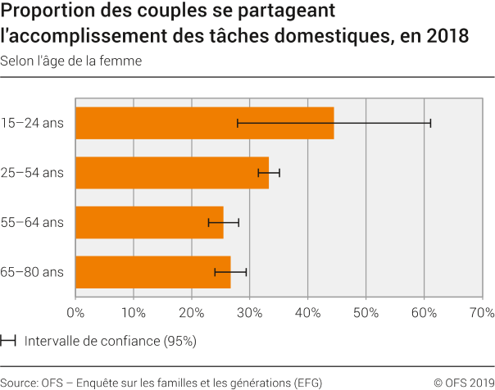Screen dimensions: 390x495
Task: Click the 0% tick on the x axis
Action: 75,312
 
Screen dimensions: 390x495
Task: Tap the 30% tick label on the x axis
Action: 249,312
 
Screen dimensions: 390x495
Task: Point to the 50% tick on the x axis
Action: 366,312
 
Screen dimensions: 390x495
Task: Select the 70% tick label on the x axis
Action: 481,312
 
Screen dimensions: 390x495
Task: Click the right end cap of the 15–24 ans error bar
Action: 430,123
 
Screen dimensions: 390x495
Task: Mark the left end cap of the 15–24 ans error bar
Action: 238,123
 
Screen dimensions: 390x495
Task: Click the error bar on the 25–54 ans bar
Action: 269,173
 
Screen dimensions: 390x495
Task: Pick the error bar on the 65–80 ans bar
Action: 230,272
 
